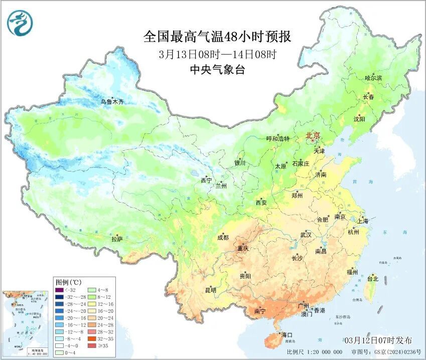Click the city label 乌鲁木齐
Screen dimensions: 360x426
111,102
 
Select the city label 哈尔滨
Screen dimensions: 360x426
373,78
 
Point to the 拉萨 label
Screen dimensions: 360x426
117,240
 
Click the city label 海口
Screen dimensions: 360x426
286,334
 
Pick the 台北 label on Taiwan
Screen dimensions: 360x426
372,279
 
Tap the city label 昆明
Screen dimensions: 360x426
210,290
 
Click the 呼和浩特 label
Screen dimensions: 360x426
278,139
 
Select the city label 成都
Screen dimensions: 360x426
223,238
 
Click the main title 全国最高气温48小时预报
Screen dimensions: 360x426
217,37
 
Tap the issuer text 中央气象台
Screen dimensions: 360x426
217,70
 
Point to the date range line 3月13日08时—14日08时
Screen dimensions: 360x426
217,54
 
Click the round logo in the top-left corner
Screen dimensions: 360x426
19,23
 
